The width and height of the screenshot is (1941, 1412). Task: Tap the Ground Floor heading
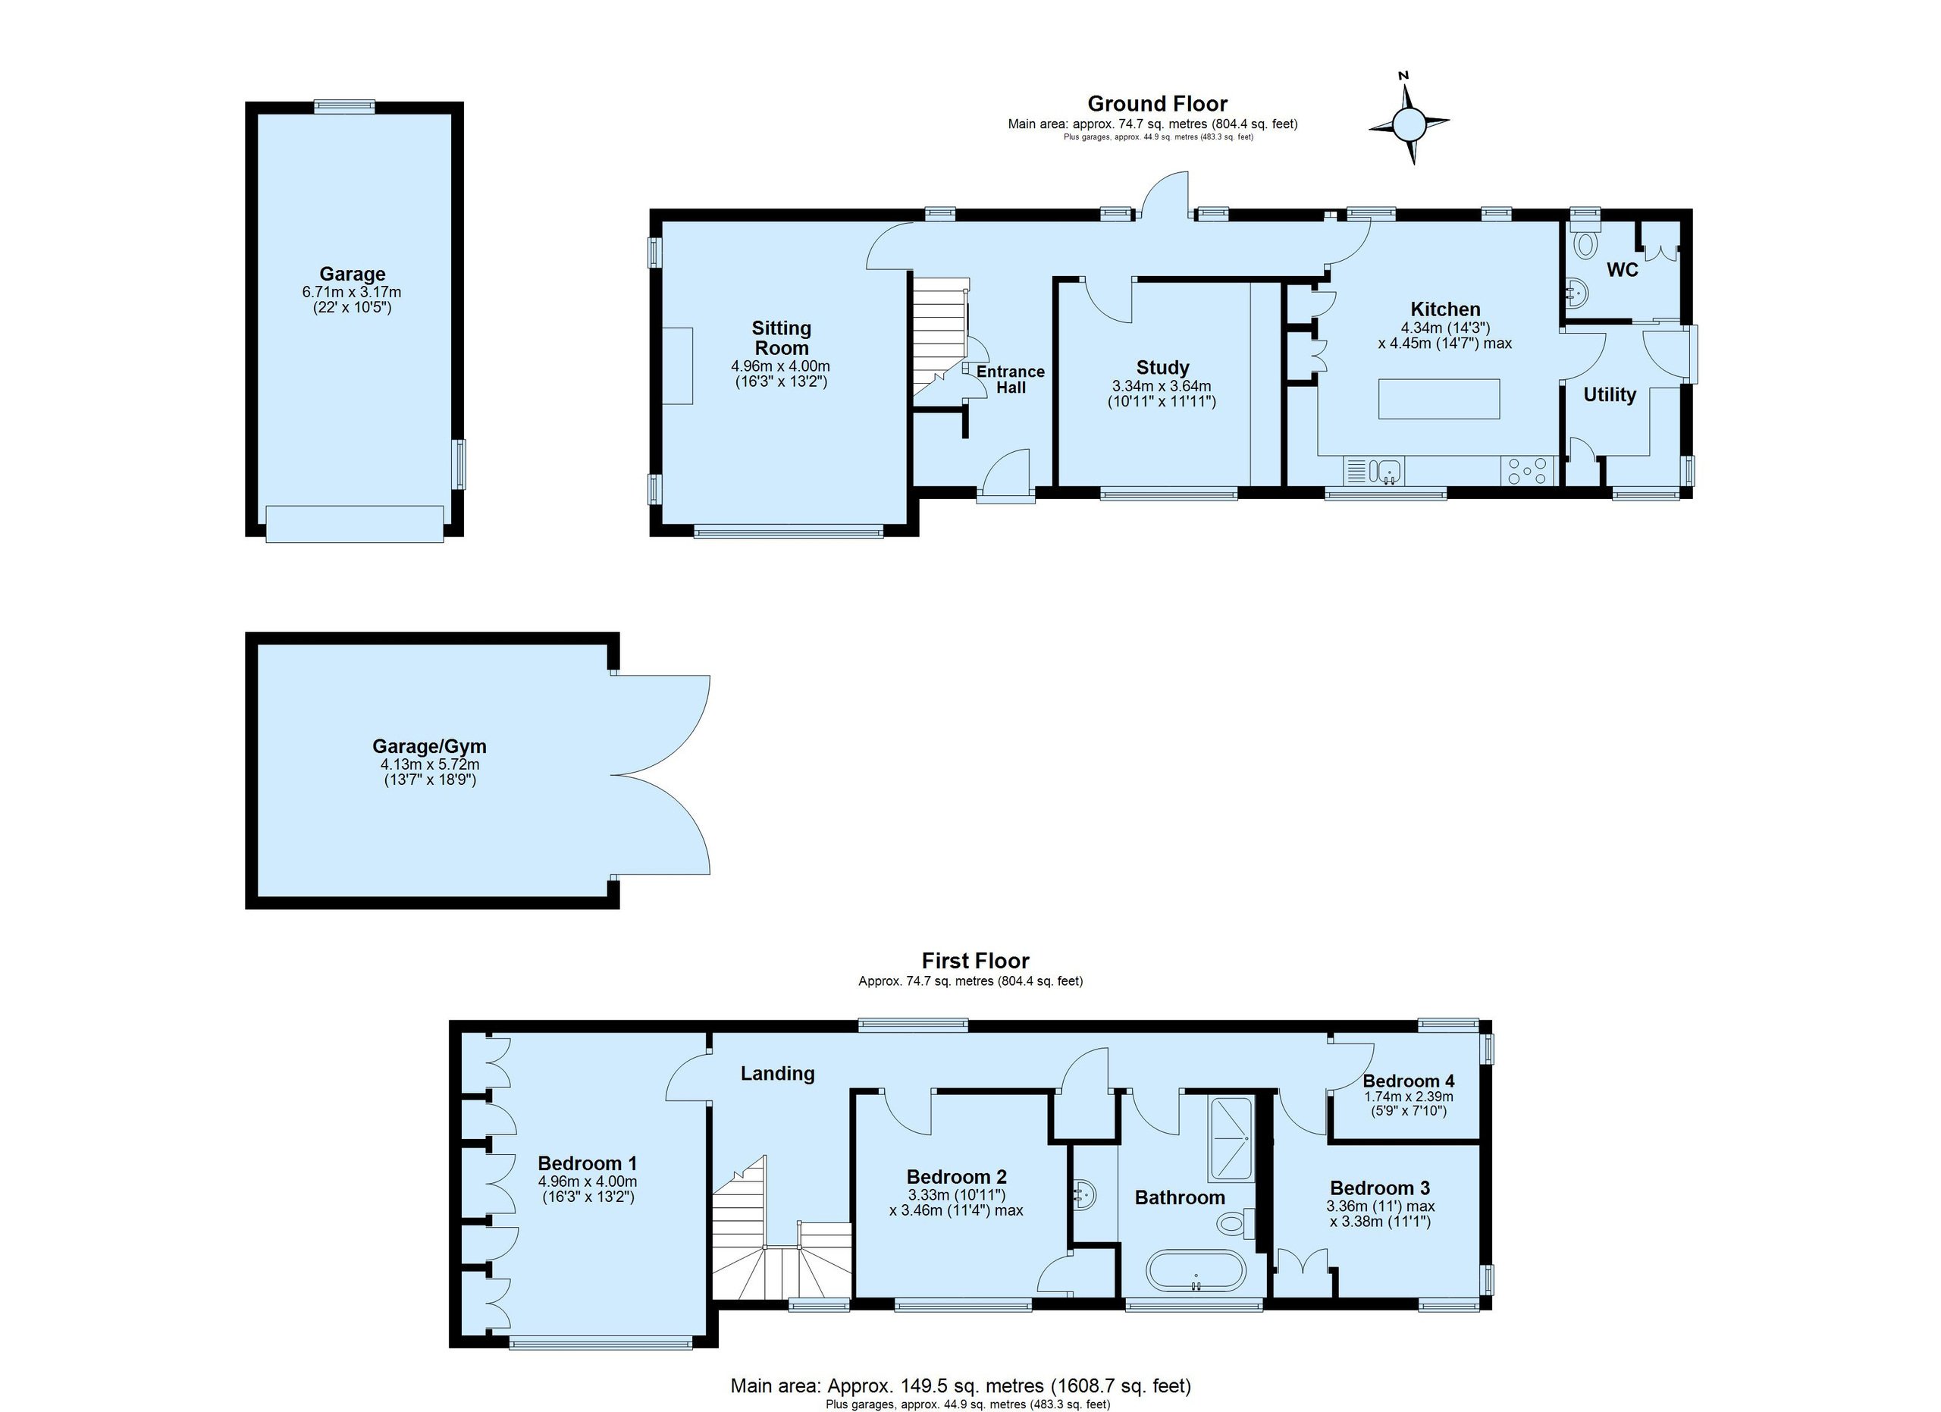coord(1157,104)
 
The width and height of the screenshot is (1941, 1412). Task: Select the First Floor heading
coord(975,960)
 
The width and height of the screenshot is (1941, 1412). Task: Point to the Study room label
coord(1162,367)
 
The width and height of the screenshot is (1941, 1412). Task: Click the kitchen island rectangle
coord(1438,399)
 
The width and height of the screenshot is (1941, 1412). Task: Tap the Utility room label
coord(1609,394)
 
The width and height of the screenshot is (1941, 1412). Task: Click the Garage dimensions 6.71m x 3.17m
coord(352,292)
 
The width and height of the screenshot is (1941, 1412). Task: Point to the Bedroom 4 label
coord(1409,1081)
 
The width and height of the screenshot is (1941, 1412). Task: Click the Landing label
coord(777,1073)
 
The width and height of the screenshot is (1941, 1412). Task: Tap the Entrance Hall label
coord(1011,379)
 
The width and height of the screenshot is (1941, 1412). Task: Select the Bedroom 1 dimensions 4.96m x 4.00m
coord(587,1181)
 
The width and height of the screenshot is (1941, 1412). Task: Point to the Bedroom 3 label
coord(1380,1188)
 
